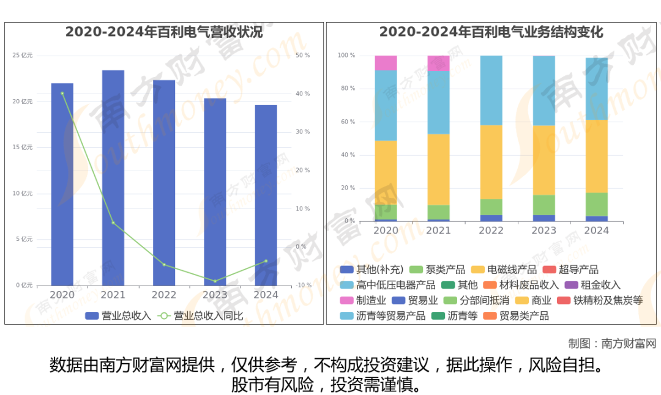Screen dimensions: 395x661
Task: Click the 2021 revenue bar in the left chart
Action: [x=113, y=177]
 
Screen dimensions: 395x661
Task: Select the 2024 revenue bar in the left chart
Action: [x=266, y=196]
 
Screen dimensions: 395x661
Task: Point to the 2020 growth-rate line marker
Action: [x=62, y=94]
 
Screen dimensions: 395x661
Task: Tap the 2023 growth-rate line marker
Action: [x=215, y=281]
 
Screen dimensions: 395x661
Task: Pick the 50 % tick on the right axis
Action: [x=302, y=56]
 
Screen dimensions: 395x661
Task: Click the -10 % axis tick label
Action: [x=302, y=286]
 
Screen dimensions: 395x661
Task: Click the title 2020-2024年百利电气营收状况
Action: [x=164, y=32]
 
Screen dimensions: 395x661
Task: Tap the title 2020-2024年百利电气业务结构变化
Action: [x=491, y=32]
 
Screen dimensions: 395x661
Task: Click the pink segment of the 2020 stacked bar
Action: [x=386, y=63]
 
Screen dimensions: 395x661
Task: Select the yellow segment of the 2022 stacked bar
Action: [x=491, y=162]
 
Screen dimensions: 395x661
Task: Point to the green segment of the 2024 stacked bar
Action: [x=597, y=204]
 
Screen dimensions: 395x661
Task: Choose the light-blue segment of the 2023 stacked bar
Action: [x=543, y=90]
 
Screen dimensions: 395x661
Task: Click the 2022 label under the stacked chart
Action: [x=491, y=231]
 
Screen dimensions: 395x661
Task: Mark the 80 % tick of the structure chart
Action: [x=347, y=89]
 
